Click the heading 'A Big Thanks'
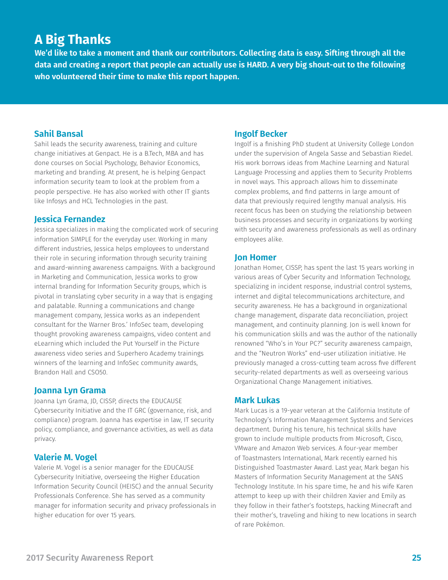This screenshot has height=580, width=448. tap(73, 40)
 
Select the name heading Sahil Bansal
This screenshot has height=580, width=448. tap(58, 134)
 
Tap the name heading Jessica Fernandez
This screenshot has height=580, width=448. tap(69, 219)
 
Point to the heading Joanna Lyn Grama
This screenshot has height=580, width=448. tap(70, 390)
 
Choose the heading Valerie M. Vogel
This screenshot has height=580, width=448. tap(66, 457)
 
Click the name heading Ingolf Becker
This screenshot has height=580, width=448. tap(261, 134)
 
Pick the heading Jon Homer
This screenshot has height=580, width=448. tap(255, 257)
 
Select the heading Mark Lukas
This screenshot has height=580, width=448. tap(257, 400)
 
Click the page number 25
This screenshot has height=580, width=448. tap(416, 558)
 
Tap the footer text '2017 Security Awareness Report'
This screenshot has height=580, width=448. tap(90, 558)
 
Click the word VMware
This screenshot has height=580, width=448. tap(246, 448)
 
